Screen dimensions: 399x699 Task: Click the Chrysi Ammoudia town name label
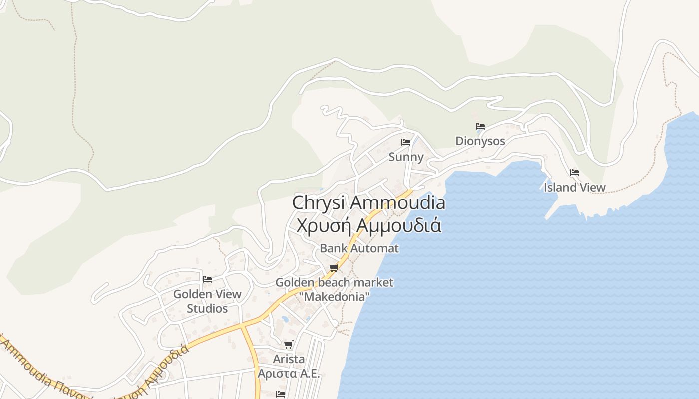[368, 203]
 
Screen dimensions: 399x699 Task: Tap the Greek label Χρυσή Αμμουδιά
[368, 225]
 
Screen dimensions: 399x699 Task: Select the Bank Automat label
[359, 248]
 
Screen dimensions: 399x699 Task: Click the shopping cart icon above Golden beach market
[334, 268]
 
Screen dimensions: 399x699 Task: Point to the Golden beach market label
[335, 282]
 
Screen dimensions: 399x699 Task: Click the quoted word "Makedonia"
[335, 297]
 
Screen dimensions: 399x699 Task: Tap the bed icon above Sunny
[406, 142]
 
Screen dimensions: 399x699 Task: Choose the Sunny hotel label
[406, 157]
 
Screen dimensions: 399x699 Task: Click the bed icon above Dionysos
[480, 126]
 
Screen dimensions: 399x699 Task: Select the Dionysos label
[480, 141]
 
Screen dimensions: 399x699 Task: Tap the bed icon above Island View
[575, 173]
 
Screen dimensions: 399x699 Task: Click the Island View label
[575, 188]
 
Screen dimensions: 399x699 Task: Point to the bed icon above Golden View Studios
[207, 279]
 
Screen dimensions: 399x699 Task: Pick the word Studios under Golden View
[207, 309]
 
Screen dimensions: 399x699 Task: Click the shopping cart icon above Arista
[288, 344]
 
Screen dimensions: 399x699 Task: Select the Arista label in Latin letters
[289, 359]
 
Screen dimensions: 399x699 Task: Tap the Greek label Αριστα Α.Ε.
[289, 374]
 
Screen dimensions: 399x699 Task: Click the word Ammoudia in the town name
[397, 203]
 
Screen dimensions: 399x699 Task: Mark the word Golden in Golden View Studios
[191, 294]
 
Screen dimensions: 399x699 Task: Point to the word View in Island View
[590, 188]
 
